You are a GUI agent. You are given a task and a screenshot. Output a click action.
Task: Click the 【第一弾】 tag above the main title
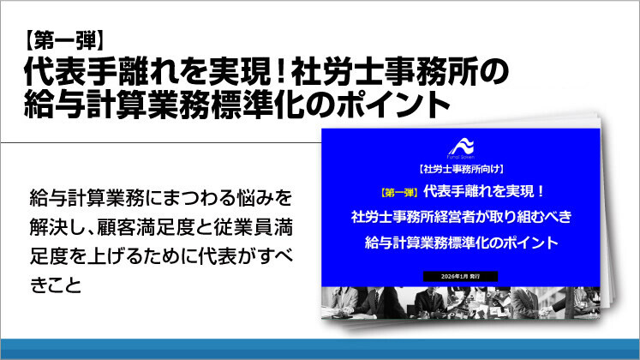pyautogui.click(x=65, y=39)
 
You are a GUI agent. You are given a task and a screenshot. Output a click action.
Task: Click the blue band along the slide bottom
pyautogui.click(x=320, y=349)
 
